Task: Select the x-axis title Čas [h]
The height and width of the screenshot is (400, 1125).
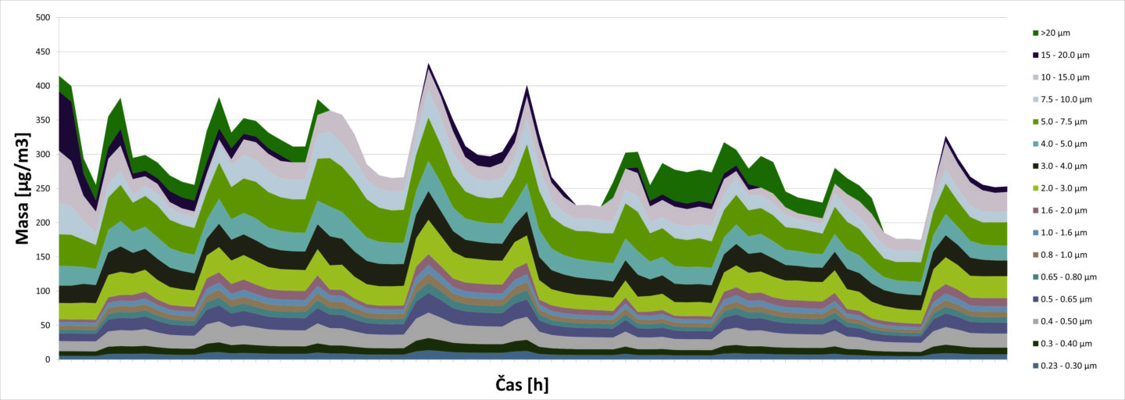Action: tap(527, 384)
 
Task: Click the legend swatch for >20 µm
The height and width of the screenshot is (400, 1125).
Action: tap(1035, 34)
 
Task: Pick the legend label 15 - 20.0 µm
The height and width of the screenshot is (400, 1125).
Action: tap(1066, 55)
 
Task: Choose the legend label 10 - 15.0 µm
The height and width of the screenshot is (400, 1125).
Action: tap(1066, 77)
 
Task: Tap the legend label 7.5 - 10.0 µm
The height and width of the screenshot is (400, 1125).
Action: tap(1066, 100)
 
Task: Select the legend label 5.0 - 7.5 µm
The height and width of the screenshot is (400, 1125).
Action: tap(1065, 122)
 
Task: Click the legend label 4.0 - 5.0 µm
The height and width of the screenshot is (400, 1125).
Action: tap(1065, 144)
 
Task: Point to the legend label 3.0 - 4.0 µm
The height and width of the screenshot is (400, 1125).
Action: tap(1065, 166)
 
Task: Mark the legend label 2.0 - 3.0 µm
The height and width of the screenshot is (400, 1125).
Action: tap(1065, 188)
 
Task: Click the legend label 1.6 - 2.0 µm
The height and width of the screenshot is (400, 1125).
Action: tap(1065, 210)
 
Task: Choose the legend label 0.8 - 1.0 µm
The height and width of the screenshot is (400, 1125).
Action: tap(1065, 255)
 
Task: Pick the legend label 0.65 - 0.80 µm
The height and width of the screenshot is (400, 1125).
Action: tap(1069, 277)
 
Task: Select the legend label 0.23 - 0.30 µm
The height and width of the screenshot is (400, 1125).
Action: tap(1069, 366)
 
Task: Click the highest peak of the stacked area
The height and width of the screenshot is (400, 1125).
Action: tap(429, 65)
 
